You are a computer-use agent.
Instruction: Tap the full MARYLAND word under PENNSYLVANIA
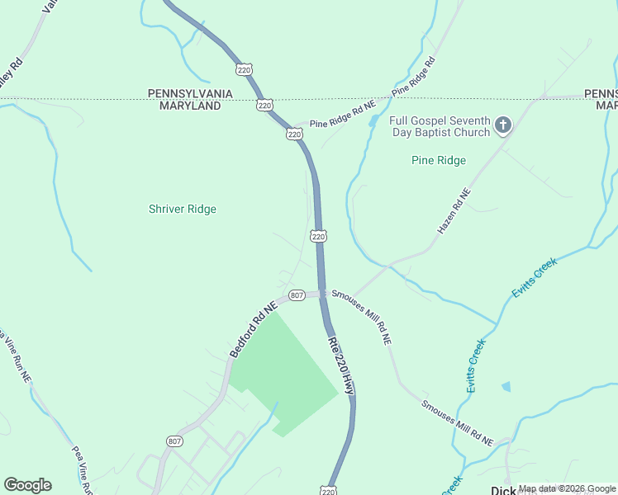pos(184,106)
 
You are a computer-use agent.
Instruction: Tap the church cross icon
pos(502,125)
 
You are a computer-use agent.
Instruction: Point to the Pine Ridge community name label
pos(439,160)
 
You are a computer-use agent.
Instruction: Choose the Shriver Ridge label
pos(183,209)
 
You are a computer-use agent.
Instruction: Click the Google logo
pos(27,485)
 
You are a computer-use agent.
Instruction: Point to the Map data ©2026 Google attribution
pos(568,488)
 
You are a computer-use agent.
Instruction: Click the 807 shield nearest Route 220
pos(297,295)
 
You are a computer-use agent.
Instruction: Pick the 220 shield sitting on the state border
pos(264,105)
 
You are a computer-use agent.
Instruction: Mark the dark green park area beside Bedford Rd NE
pos(285,363)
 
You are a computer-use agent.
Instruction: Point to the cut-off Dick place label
pos(504,489)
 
